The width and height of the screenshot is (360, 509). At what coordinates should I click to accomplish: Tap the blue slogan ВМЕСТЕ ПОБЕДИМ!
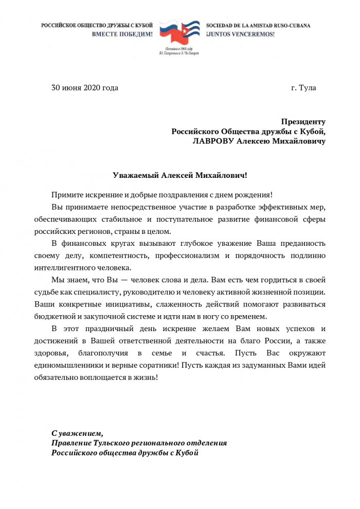coord(122,34)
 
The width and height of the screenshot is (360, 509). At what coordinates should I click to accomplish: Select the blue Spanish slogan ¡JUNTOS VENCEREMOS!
coord(240,34)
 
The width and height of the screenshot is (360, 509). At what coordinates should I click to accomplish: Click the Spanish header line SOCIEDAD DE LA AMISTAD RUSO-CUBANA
coord(258,25)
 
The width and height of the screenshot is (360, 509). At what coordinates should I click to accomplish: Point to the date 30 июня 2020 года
coord(85,87)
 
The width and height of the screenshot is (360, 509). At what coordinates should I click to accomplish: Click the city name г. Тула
coord(303,87)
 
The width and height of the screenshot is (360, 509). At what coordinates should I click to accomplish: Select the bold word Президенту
coord(303,122)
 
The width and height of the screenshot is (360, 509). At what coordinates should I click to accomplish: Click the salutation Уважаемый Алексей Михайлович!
coord(180,175)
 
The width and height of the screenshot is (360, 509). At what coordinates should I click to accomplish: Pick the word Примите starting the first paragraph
coord(67,194)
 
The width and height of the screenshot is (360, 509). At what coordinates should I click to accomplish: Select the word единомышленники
coord(83,365)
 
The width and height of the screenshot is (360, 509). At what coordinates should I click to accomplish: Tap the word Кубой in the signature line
coord(187,452)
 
